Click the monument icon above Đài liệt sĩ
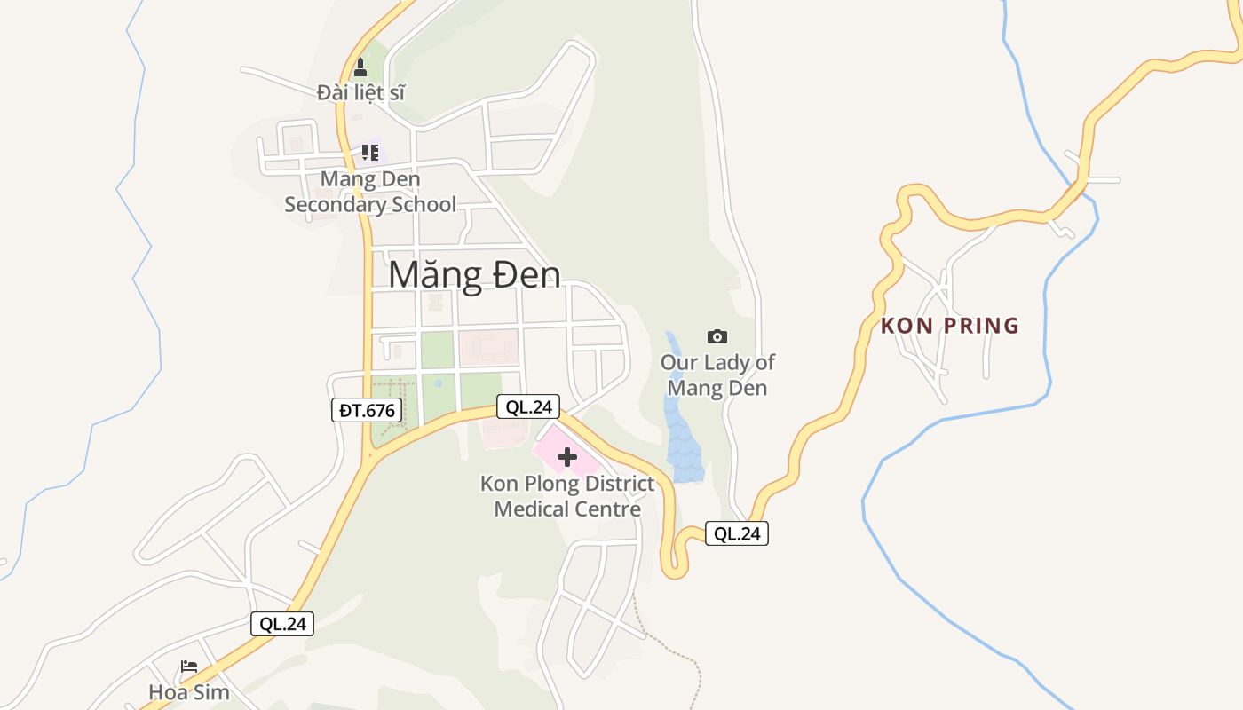click(x=360, y=67)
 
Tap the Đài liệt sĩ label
click(x=360, y=91)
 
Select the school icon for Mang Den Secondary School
click(x=370, y=152)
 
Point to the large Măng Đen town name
click(x=474, y=274)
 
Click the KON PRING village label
click(x=950, y=326)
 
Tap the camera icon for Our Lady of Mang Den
click(x=717, y=336)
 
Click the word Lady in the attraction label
click(x=726, y=362)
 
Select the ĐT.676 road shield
click(x=367, y=410)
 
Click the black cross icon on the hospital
click(x=567, y=458)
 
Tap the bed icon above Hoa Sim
click(x=188, y=667)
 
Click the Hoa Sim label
click(x=188, y=692)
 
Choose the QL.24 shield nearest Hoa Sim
click(x=282, y=624)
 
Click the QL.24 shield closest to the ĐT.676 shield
click(x=528, y=407)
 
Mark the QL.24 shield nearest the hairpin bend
click(x=737, y=533)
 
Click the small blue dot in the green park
click(x=438, y=383)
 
